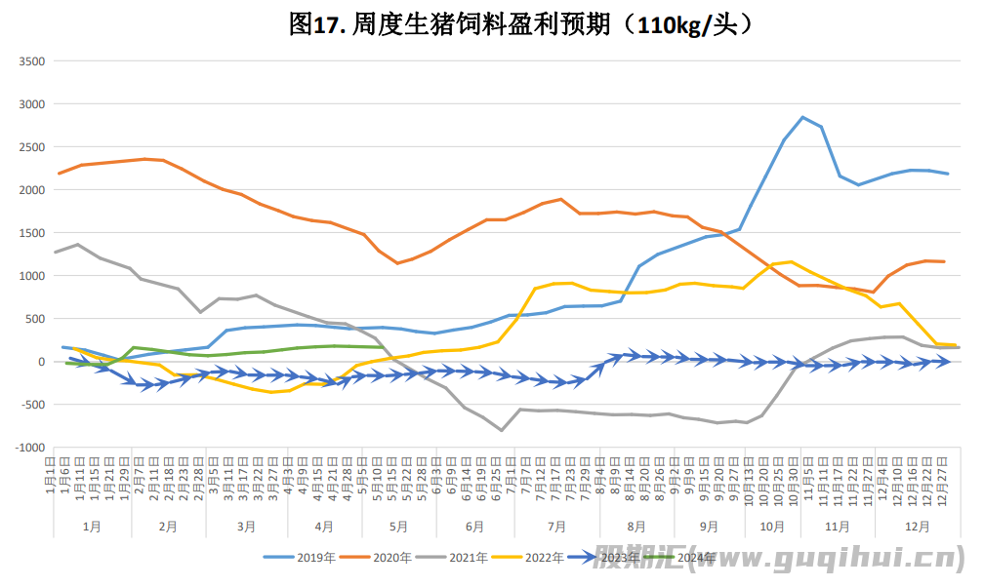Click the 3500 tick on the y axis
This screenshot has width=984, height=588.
point(33,61)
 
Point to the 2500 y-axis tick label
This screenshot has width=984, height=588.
point(33,147)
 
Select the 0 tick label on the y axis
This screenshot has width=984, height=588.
point(41,362)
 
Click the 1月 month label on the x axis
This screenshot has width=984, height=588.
point(92,526)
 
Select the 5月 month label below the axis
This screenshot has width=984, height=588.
point(398,526)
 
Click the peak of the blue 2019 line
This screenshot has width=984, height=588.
point(802,117)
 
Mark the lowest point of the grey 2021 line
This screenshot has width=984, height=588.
point(502,430)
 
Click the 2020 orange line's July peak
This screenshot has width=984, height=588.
point(560,199)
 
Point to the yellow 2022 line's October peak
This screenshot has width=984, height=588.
point(791,261)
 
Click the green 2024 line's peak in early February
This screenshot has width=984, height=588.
point(135,347)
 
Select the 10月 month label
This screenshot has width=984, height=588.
point(771,526)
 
